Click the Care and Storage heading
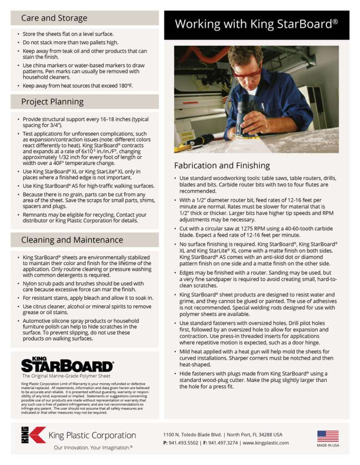[x=54, y=18]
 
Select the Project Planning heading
[x=52, y=102]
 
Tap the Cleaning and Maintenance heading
[x=72, y=240]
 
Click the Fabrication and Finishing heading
[x=222, y=165]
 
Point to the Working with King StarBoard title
[x=256, y=24]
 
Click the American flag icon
[x=328, y=436]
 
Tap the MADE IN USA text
[x=328, y=445]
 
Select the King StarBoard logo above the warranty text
[x=67, y=364]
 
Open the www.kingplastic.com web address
[x=265, y=443]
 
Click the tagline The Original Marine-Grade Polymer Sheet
[x=66, y=376]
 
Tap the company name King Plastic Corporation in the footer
[x=92, y=435]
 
